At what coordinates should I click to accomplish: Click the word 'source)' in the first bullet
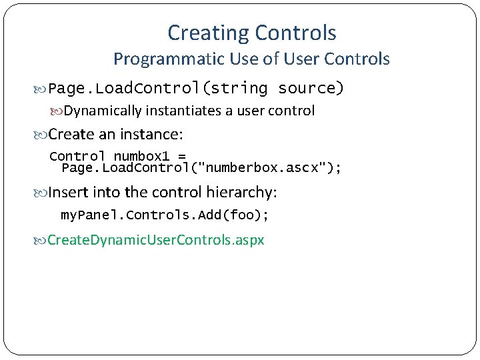[x=311, y=88]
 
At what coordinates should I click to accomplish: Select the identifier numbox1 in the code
[x=141, y=157]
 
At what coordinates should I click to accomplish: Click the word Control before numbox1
[x=77, y=157]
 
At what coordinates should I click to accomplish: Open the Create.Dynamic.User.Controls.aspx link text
[x=156, y=239]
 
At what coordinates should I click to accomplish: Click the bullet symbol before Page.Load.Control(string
[x=41, y=89]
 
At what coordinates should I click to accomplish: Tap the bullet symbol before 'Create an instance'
[x=41, y=135]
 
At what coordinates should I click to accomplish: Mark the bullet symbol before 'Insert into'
[x=41, y=193]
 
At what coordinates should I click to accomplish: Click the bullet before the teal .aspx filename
[x=41, y=240]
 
